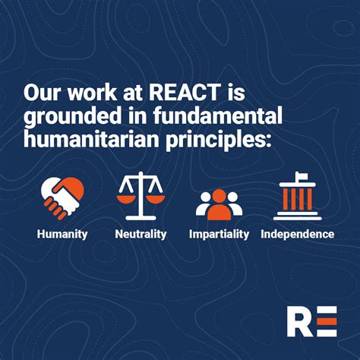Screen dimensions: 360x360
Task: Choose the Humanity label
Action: pos(62,234)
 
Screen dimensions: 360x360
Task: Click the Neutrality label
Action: pos(141,234)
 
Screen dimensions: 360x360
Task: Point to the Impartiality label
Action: pos(219,234)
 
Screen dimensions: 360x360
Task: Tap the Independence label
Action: pos(297,234)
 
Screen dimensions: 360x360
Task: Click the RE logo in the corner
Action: pos(311,321)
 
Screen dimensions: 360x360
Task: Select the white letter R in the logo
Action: pos(299,321)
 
